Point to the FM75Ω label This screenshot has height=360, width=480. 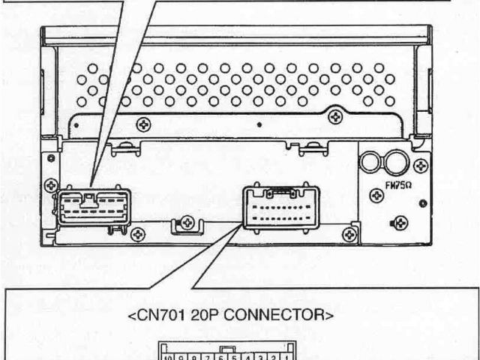coord(398,181)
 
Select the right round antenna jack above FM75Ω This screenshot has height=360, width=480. coord(396,160)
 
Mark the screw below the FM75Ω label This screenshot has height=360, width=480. coord(402,221)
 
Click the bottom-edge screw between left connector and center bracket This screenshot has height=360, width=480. coord(137,235)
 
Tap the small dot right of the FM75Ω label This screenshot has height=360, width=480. coord(424,202)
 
